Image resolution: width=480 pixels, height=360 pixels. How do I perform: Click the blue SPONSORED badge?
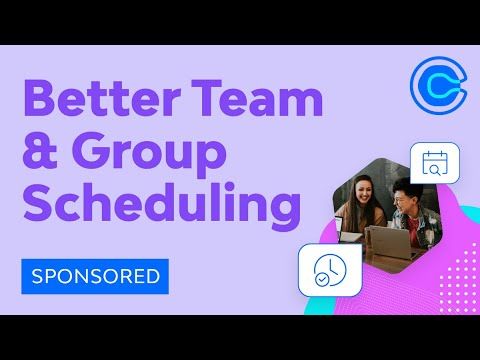(x=96, y=274)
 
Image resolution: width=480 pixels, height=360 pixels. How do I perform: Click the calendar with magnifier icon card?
(x=434, y=162)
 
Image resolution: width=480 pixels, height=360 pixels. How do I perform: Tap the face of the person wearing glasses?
(x=404, y=196)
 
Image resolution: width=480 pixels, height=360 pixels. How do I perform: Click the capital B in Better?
(x=38, y=102)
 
